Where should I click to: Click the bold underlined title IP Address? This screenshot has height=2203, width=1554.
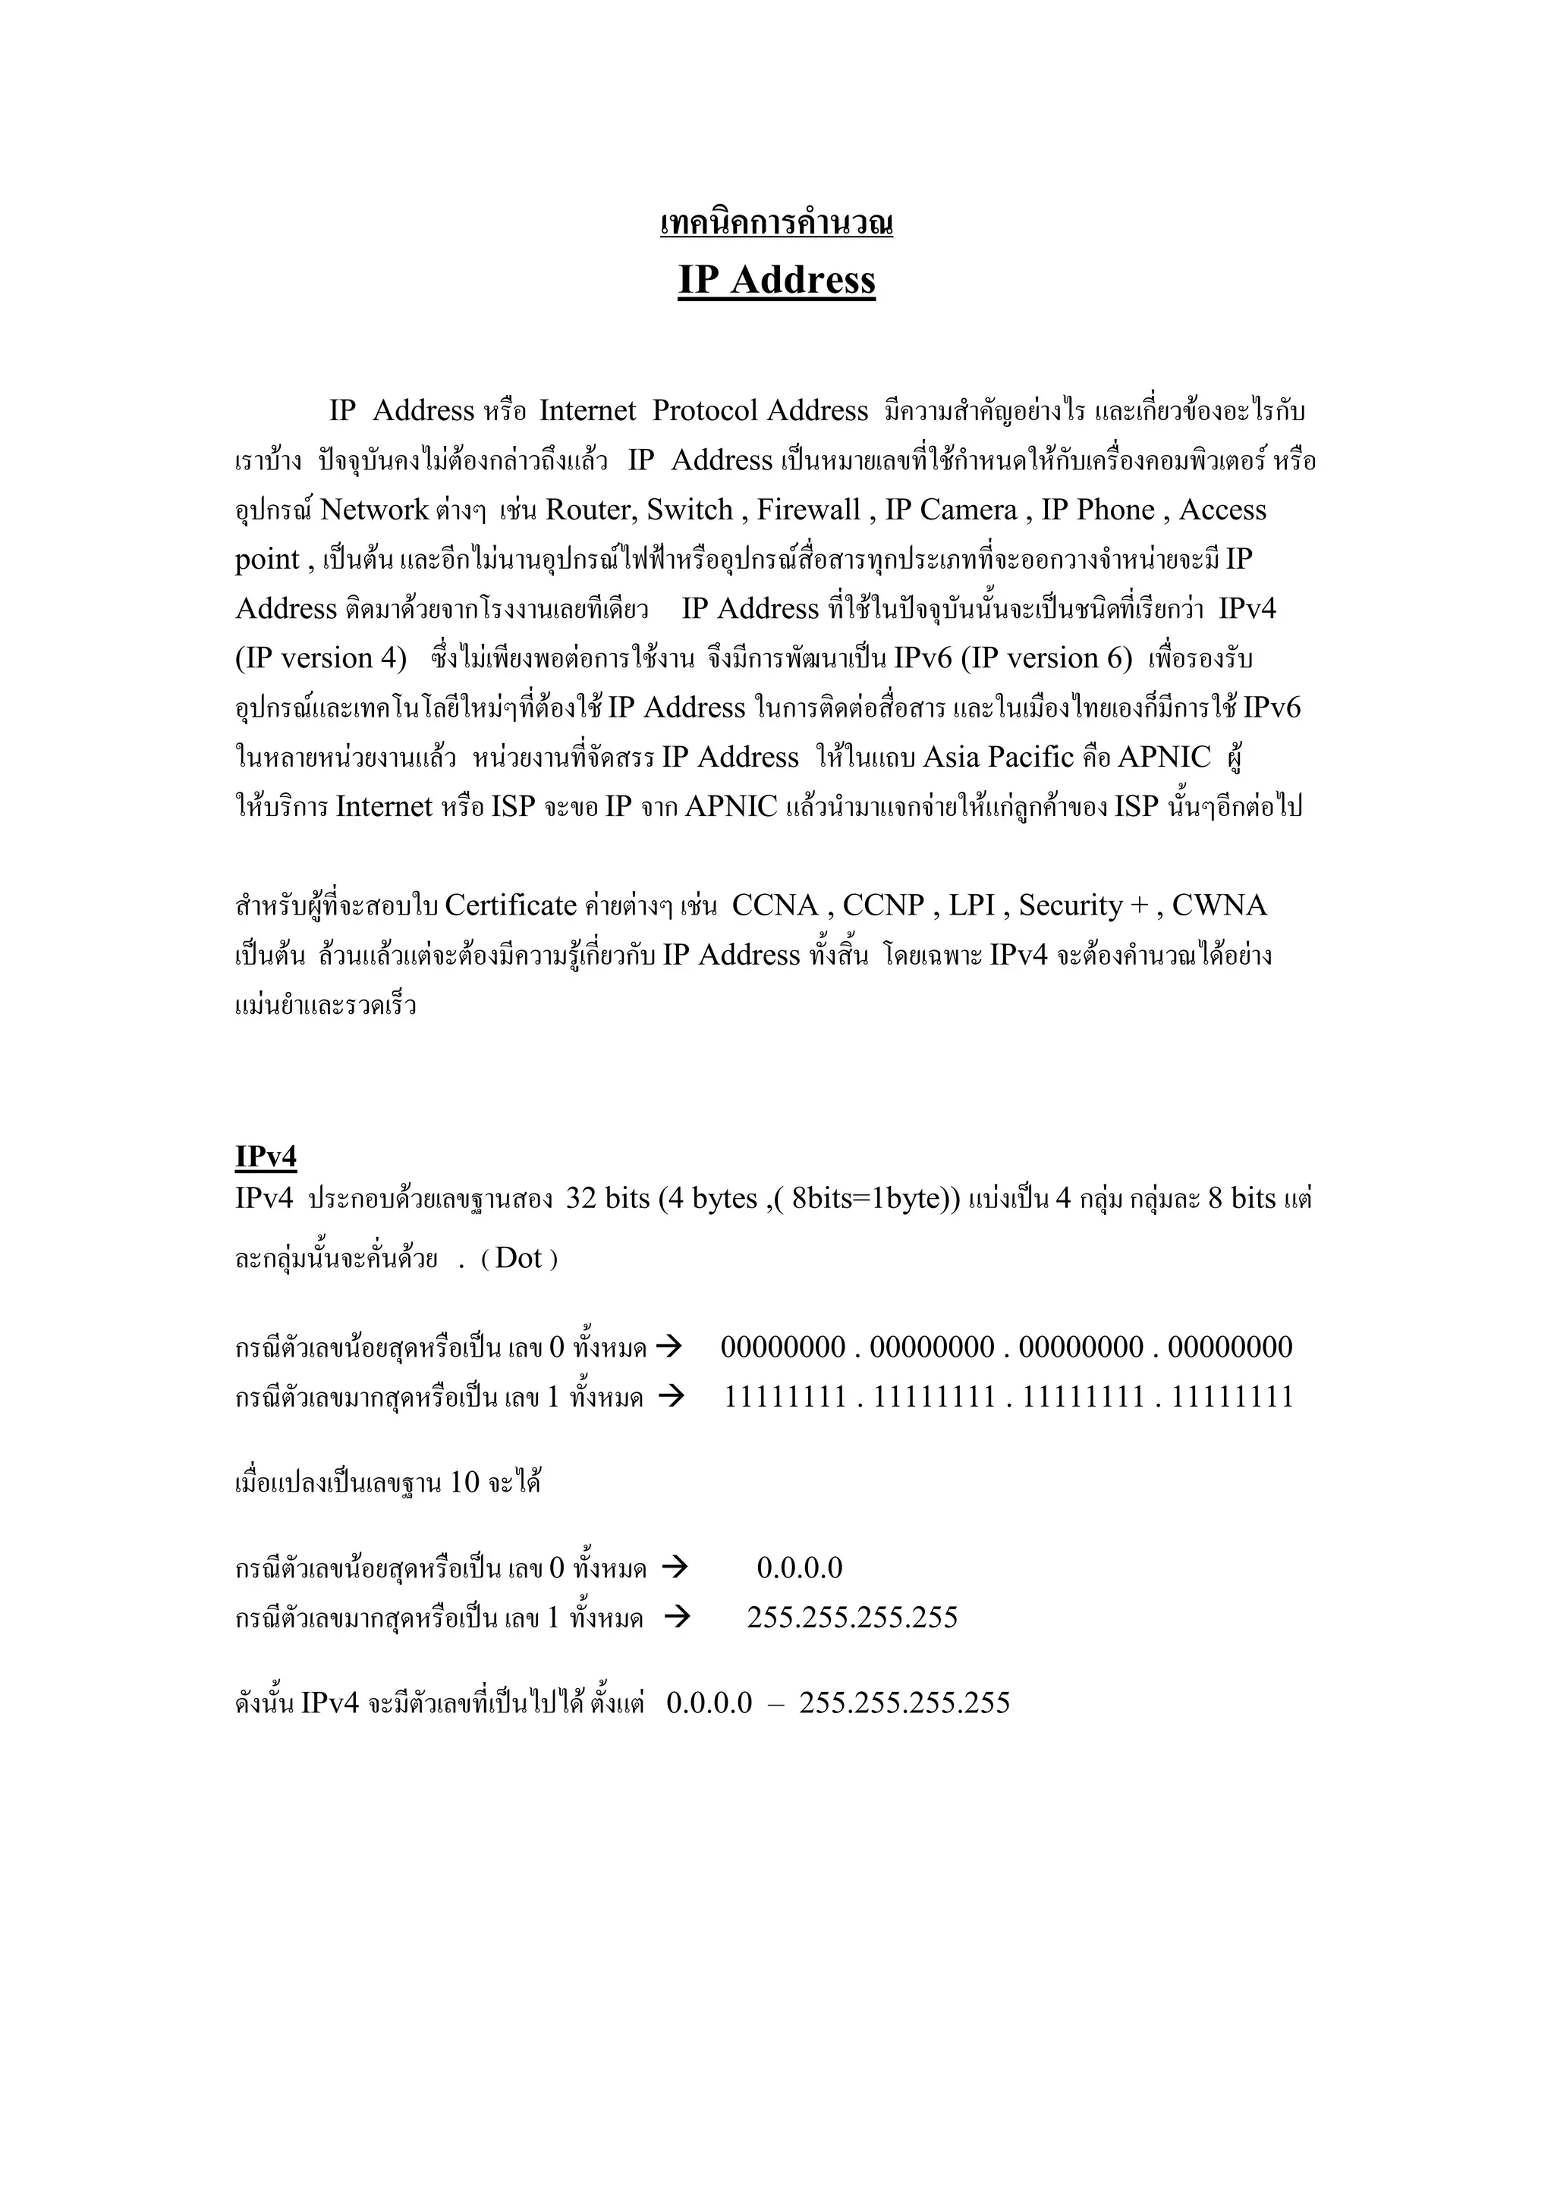[776, 280]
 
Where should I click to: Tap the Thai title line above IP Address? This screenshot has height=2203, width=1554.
[776, 224]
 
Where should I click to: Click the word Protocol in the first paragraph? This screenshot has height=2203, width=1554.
[706, 411]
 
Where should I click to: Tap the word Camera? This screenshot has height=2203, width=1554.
[968, 510]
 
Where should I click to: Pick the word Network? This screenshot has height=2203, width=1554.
[374, 510]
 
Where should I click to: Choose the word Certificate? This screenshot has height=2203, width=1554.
[511, 905]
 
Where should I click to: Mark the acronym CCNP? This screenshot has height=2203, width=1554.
[883, 905]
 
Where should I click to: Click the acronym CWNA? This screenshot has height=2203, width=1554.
[1219, 905]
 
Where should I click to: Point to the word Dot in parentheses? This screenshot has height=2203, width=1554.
[519, 1258]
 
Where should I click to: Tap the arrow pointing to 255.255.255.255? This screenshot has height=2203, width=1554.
[678, 1617]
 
